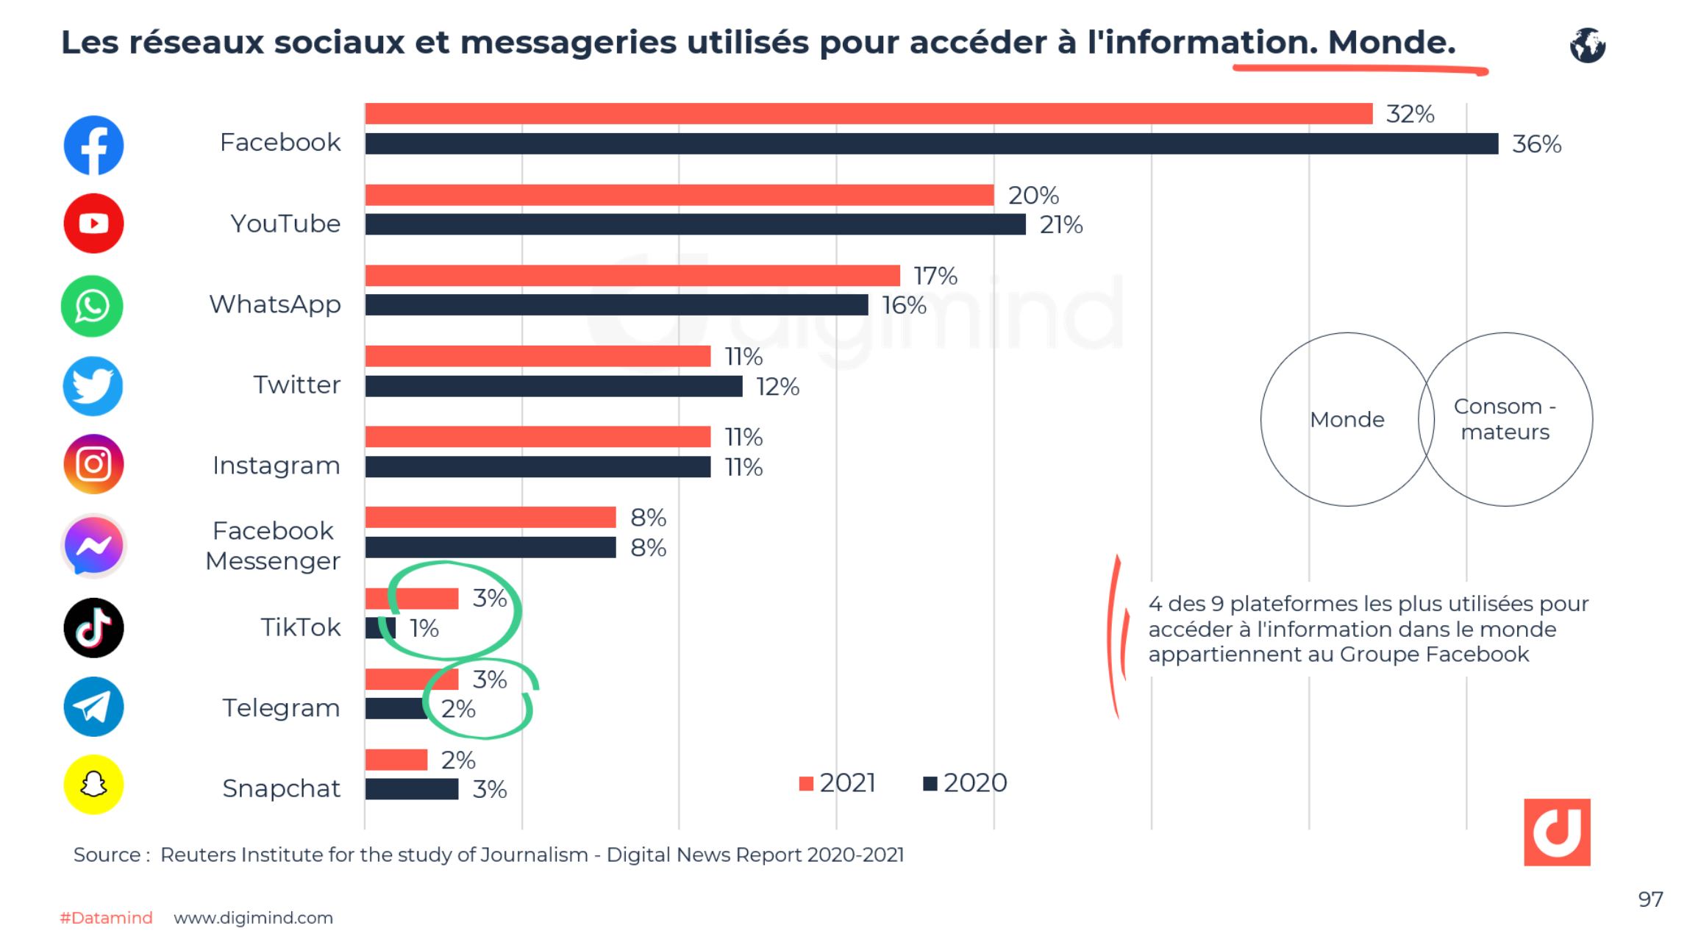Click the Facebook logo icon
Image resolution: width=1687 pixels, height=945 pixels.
pos(93,145)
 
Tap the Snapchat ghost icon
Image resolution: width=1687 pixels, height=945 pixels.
pos(93,785)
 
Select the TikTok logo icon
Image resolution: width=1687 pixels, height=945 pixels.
pos(93,627)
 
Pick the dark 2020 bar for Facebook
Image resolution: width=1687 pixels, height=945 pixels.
pos(930,143)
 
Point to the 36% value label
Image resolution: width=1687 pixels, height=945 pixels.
pos(1536,144)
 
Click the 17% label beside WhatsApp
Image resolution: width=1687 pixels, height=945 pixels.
pos(935,276)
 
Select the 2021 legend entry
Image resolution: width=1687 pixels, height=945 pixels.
pos(838,783)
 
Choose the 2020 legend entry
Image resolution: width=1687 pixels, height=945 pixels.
pos(965,783)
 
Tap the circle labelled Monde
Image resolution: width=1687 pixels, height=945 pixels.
pos(1347,419)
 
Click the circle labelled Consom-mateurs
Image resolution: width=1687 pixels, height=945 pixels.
pos(1505,419)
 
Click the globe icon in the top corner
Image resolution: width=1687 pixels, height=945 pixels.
pos(1587,46)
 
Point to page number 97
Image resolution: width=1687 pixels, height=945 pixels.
pos(1650,899)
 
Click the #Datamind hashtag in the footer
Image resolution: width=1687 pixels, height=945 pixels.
pos(106,918)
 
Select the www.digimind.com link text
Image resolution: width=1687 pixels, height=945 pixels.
pos(253,918)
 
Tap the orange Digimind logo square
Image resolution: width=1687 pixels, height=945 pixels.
pos(1557,832)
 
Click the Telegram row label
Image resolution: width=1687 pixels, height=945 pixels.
pos(281,707)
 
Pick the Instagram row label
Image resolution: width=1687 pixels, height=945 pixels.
pos(276,466)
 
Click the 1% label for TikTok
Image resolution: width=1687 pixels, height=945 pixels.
pos(424,628)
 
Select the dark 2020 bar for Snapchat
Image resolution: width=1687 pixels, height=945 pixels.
pos(412,789)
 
